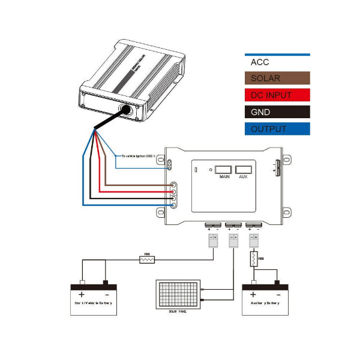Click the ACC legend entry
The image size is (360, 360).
[x=277, y=62]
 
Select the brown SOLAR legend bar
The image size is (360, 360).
[x=277, y=79]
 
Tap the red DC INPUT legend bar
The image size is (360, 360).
[x=277, y=95]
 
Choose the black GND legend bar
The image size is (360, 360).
[x=277, y=112]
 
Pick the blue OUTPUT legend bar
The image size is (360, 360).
[x=277, y=128]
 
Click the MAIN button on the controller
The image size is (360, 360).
[x=225, y=170]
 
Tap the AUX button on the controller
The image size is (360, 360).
[x=243, y=170]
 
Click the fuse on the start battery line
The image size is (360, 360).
[x=147, y=259]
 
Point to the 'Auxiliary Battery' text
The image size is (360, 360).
[x=265, y=304]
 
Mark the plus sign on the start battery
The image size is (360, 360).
[x=81, y=294]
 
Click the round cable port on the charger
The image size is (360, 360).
[x=127, y=110]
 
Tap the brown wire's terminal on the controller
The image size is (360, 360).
[x=173, y=187]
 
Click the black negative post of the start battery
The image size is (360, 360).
[x=106, y=282]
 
